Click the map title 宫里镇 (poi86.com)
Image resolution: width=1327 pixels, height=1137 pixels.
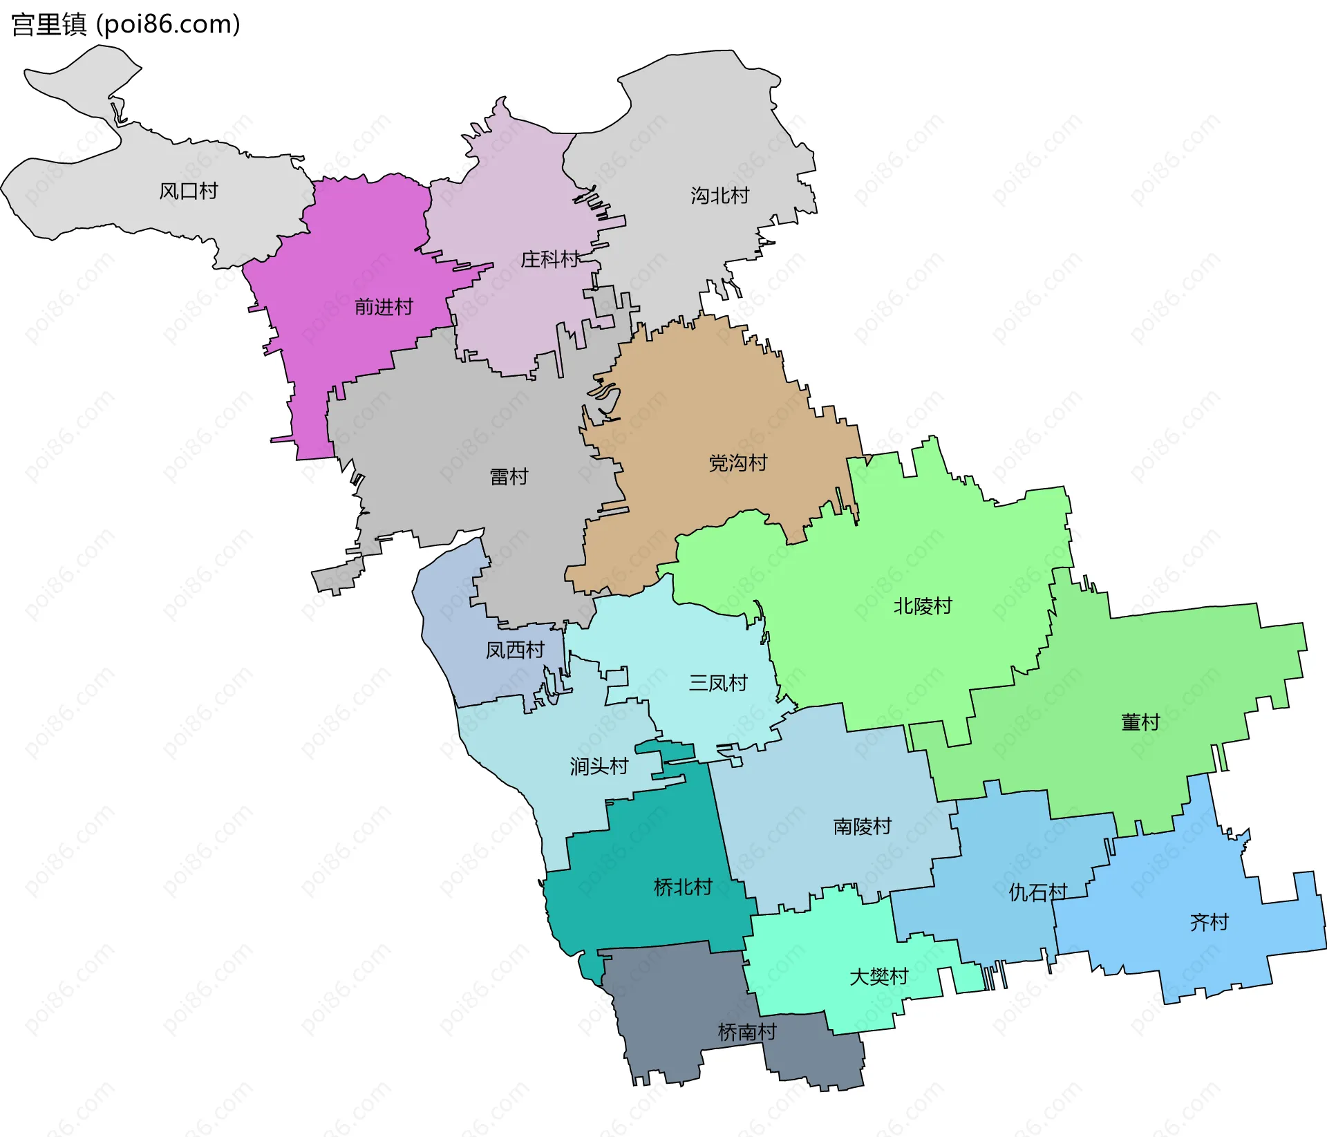(126, 25)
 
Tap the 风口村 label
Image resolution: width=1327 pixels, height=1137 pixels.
(188, 191)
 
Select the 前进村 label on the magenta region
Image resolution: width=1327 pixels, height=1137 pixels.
(384, 306)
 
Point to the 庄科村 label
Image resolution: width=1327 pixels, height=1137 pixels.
(549, 259)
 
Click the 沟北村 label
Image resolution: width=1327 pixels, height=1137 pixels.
(719, 196)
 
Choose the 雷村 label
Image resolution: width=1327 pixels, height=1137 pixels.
(509, 476)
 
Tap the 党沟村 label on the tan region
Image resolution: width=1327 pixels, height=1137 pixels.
(738, 462)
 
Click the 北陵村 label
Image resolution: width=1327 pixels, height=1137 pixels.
(923, 606)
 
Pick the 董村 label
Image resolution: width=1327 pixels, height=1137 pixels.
(1140, 722)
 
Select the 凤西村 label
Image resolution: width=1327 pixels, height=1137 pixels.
(515, 650)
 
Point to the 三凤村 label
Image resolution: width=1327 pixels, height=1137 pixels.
(718, 683)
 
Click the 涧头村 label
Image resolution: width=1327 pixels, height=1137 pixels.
(599, 766)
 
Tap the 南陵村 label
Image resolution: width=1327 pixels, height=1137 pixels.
(862, 826)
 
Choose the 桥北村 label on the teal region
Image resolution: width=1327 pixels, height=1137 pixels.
(683, 887)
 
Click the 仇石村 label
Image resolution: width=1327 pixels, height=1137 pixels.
(1037, 892)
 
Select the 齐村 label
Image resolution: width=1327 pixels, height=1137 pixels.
(1209, 922)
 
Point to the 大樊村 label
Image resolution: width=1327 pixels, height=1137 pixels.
(878, 977)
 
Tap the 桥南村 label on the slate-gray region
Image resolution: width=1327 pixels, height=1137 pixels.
(747, 1032)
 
